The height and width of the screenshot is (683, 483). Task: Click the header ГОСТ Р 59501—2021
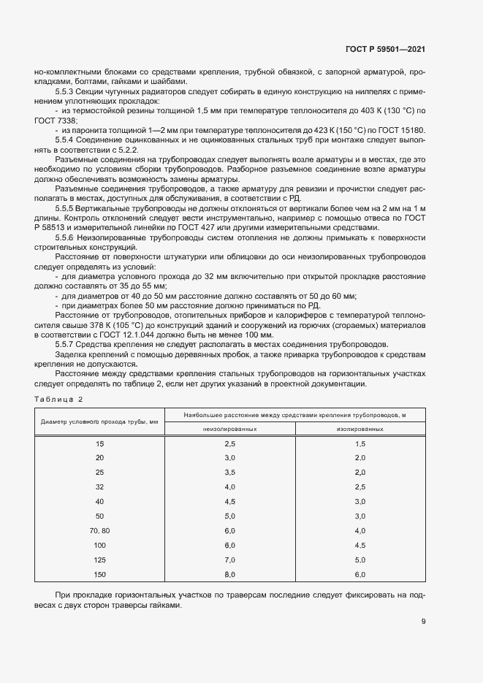[x=385, y=49]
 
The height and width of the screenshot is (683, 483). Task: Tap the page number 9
[x=423, y=622]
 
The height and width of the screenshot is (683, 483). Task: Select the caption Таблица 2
[x=59, y=400]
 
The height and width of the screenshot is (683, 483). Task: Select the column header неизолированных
[x=229, y=429]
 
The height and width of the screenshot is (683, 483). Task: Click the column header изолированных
[x=360, y=429]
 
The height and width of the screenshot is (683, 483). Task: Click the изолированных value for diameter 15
[x=360, y=444]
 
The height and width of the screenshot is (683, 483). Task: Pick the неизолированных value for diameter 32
[x=229, y=487]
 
